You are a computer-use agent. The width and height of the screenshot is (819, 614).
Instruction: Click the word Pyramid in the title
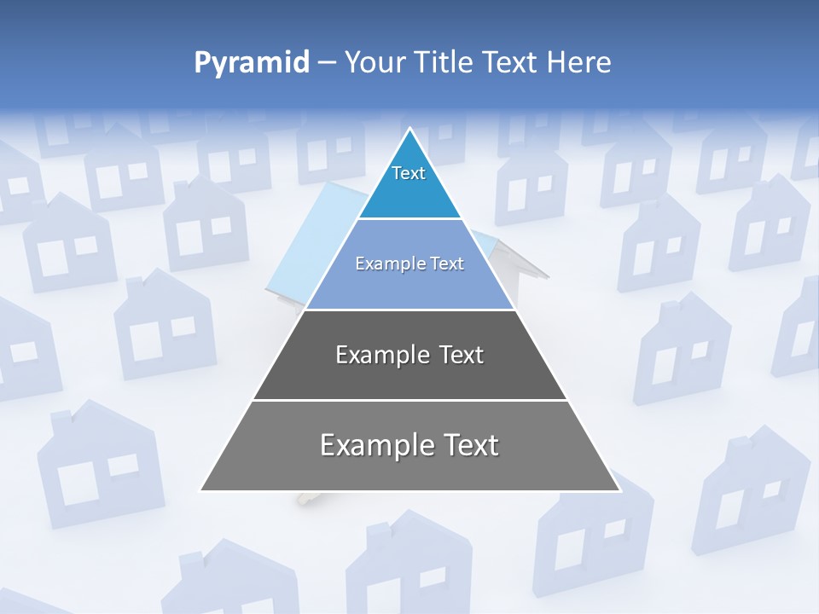252,63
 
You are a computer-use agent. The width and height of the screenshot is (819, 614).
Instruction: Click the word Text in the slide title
511,63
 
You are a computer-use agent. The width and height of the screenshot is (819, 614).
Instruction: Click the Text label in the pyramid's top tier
409,174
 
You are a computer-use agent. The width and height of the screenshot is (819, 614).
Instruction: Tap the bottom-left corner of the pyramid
200,490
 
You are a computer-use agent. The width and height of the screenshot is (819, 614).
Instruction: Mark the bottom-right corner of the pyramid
619,490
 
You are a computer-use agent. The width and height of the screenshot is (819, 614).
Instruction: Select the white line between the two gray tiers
409,400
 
